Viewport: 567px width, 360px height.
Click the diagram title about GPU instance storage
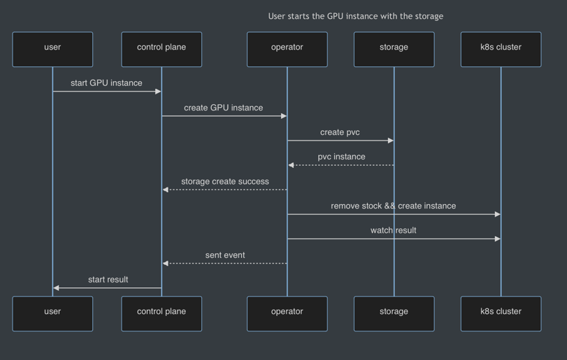click(x=355, y=16)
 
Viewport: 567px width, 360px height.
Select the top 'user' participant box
click(x=52, y=49)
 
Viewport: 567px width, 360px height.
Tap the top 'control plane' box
click(x=162, y=49)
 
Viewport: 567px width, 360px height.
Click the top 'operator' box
click(x=287, y=49)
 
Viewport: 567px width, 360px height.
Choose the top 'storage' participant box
click(x=394, y=49)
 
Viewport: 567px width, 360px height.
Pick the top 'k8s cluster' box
click(x=501, y=49)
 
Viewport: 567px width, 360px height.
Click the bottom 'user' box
click(x=52, y=313)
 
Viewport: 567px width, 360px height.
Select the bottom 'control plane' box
click(x=162, y=313)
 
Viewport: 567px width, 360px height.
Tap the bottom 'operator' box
click(x=287, y=313)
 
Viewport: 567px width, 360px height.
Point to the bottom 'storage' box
click(x=394, y=313)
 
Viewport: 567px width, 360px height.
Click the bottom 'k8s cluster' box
click(x=501, y=313)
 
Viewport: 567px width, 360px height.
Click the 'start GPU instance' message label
click(x=106, y=83)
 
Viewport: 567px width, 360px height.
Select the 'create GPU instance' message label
click(x=224, y=108)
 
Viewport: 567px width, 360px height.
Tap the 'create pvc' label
click(x=340, y=132)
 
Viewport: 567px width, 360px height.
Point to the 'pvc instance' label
click(x=341, y=157)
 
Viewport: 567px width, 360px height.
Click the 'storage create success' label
click(x=224, y=182)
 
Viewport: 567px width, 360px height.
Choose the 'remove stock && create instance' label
click(x=393, y=206)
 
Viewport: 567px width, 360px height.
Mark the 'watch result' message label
click(x=393, y=231)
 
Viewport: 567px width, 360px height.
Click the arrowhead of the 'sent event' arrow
click(x=166, y=264)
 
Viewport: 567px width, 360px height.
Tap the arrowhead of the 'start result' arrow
click(x=57, y=288)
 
